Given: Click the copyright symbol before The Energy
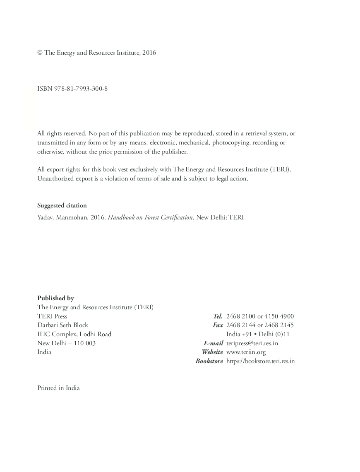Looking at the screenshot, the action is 40,53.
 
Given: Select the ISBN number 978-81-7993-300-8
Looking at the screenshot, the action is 81,89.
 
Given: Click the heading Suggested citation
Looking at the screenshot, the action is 62,205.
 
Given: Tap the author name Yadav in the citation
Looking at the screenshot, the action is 45,217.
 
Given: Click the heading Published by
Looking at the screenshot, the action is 55,298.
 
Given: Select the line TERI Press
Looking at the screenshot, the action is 52,316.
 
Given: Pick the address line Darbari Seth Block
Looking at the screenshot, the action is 62,325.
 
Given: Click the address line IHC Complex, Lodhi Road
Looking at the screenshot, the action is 74,334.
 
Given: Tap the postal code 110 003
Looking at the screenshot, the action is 84,343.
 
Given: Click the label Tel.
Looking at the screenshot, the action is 218,316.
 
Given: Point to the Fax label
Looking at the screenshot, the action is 218,325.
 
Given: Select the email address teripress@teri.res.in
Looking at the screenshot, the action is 252,343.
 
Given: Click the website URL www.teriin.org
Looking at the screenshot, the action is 246,352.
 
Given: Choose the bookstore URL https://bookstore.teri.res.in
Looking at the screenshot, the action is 260,361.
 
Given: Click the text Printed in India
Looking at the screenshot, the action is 58,388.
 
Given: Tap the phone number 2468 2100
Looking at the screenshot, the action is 241,316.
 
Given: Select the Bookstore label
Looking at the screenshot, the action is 209,361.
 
